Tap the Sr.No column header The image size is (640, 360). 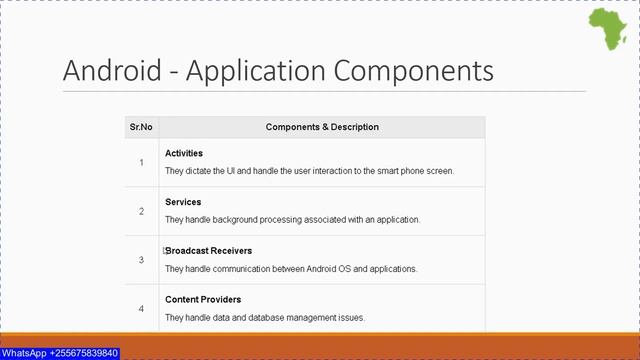(x=141, y=127)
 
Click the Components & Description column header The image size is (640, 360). (x=322, y=127)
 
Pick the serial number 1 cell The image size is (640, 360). (x=141, y=162)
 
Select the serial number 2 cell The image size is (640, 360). (x=141, y=211)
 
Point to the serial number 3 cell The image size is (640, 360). (x=141, y=260)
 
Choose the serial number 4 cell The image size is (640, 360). (x=141, y=308)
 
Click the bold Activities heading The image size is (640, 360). (x=184, y=153)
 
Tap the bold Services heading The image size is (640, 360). (x=183, y=202)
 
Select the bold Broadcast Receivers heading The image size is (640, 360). (x=209, y=251)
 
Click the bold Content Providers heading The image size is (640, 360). (x=203, y=299)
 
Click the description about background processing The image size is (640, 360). (x=292, y=220)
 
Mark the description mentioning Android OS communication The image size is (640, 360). (x=291, y=269)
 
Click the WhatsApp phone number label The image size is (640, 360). (x=60, y=353)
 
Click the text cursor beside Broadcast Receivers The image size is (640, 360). (x=164, y=251)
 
